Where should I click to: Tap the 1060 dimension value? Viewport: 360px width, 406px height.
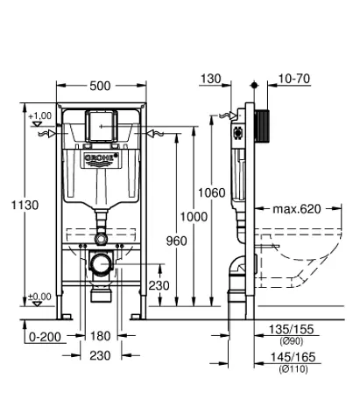[x=210, y=192]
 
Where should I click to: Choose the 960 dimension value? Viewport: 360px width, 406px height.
[x=177, y=241]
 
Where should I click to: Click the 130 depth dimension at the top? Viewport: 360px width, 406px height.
[x=210, y=79]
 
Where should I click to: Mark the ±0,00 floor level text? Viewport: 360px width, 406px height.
[x=40, y=297]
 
